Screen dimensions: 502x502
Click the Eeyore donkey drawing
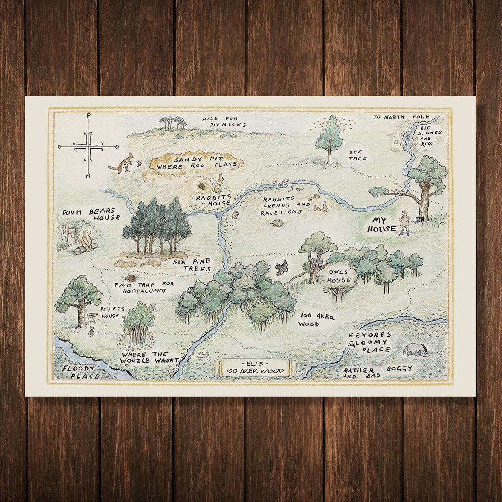tap(415, 350)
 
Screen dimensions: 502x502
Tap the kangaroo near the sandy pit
tap(123, 163)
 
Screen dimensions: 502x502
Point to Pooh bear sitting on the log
tap(86, 240)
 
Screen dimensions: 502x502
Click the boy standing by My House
tap(404, 223)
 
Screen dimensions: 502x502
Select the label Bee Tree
tap(358, 155)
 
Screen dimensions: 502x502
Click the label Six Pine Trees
tap(192, 265)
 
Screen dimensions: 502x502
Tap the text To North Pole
tap(401, 117)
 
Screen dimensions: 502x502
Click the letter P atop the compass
tap(88, 116)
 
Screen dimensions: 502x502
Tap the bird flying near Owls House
tap(281, 267)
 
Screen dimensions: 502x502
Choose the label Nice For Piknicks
tap(224, 122)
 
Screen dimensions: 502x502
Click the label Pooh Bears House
tap(91, 215)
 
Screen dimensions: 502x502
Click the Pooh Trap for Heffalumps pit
tap(131, 278)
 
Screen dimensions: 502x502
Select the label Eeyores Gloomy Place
tap(370, 342)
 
